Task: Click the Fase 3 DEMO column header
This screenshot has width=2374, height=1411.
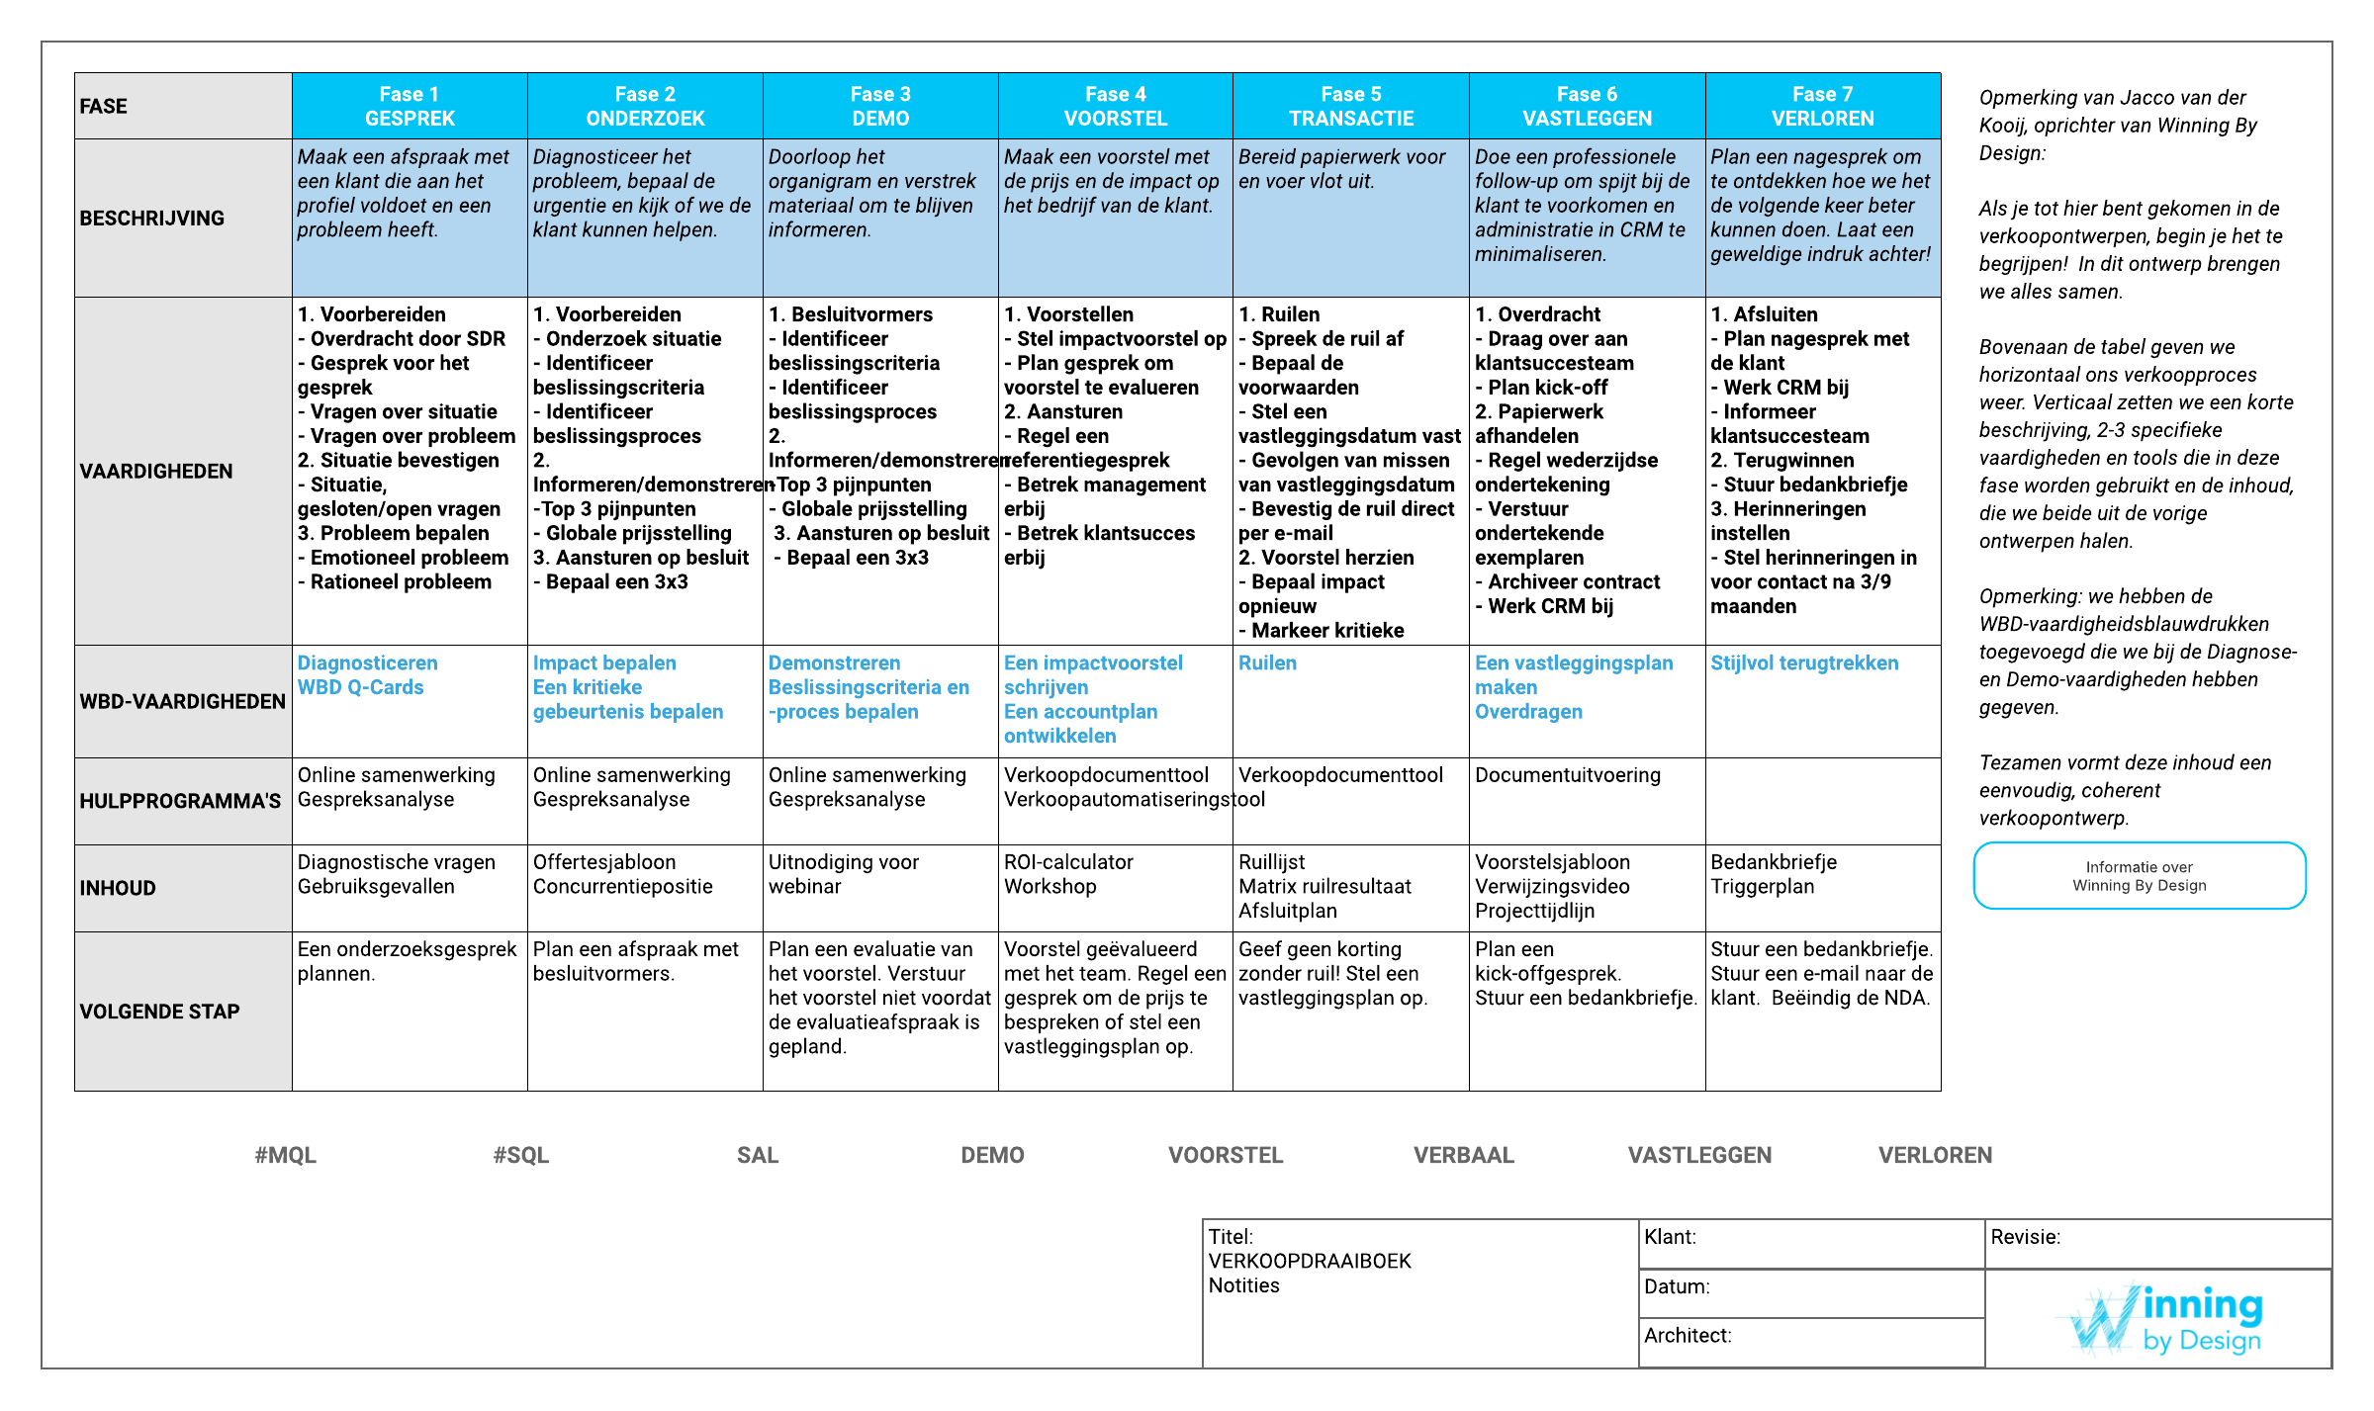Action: (x=879, y=106)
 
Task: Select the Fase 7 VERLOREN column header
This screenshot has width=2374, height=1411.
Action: (x=1822, y=106)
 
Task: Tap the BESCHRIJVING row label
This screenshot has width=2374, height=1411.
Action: (x=152, y=218)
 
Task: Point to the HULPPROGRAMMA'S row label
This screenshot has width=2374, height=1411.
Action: (x=180, y=801)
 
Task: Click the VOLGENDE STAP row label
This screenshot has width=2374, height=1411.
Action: (x=159, y=1012)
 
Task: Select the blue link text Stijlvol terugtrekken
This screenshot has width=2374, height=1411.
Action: (x=1804, y=662)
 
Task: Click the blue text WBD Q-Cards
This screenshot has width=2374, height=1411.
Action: (x=360, y=687)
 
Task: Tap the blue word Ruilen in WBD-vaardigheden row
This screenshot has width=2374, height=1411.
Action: (x=1267, y=662)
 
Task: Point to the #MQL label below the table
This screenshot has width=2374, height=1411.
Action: (x=285, y=1155)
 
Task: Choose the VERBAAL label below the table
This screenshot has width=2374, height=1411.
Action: (x=1463, y=1155)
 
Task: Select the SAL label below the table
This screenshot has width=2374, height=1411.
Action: (x=758, y=1155)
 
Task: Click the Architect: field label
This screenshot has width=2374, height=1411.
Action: (x=1688, y=1335)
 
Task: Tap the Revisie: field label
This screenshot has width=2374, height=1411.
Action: (x=2026, y=1237)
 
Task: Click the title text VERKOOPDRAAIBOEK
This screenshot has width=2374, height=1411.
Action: (x=1310, y=1261)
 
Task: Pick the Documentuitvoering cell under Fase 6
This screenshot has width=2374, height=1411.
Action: (x=1568, y=775)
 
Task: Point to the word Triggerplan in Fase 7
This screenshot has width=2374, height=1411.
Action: (x=1763, y=886)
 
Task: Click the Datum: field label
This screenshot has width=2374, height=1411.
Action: (x=1677, y=1286)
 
